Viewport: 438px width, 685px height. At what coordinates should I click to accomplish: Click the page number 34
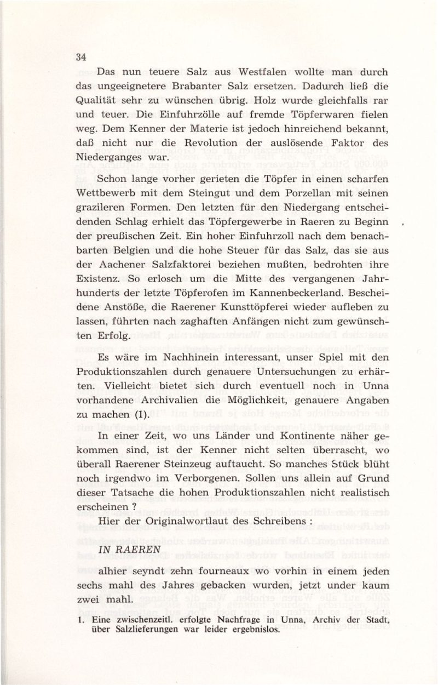pos(82,57)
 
